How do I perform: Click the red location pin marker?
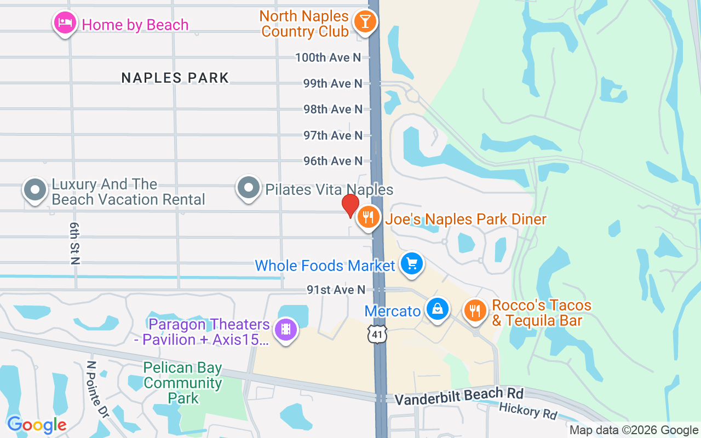[x=350, y=206]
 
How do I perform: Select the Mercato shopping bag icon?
[x=438, y=309]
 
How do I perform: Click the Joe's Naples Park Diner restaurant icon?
[x=369, y=218]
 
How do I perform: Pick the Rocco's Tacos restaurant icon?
[x=475, y=310]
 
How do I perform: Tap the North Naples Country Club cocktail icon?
[x=364, y=22]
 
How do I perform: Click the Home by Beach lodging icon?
[x=65, y=23]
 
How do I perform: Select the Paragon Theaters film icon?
[x=285, y=330]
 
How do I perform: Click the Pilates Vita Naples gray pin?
[x=249, y=188]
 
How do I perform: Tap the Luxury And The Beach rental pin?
[x=36, y=190]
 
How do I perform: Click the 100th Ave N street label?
[x=329, y=57]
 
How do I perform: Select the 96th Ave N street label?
[x=333, y=161]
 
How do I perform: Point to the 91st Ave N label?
[x=336, y=290]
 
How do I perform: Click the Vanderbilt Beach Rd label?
[x=459, y=396]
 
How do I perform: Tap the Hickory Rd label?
[x=527, y=410]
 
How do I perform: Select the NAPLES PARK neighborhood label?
[x=175, y=78]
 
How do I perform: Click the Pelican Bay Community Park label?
[x=183, y=383]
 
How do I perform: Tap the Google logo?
[x=37, y=425]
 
